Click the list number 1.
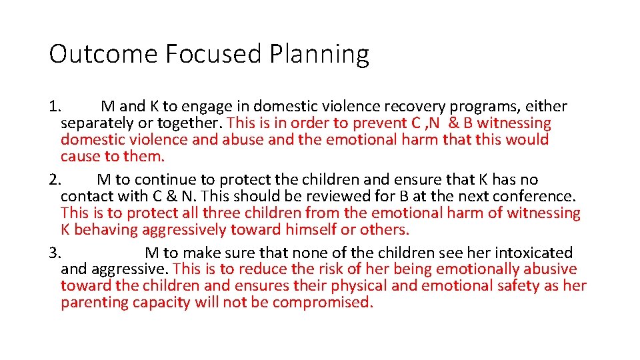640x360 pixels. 55,107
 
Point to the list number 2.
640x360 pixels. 55,180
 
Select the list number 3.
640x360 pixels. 55,253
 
